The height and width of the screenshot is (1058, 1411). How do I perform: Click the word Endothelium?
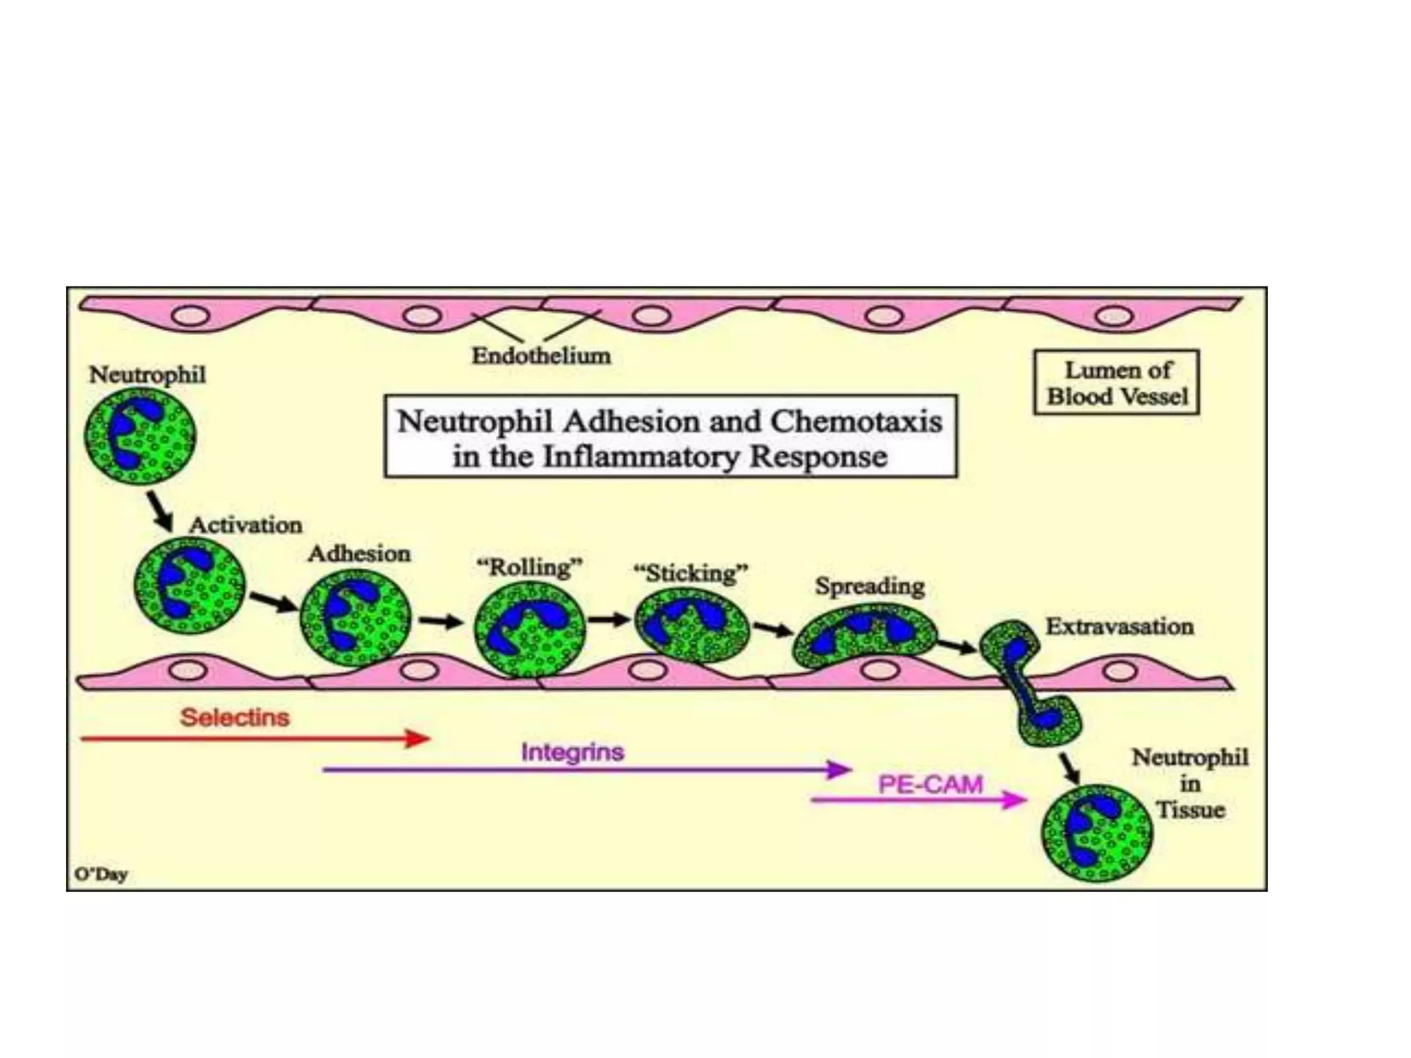click(541, 355)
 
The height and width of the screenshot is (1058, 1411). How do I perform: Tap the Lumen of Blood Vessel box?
click(1116, 382)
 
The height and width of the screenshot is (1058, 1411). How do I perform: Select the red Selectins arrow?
click(255, 739)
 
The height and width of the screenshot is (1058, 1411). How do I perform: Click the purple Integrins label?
click(572, 751)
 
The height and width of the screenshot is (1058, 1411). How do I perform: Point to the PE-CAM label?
click(930, 785)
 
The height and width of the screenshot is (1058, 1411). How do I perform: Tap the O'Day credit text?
click(101, 875)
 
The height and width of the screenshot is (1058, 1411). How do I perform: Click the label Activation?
click(245, 525)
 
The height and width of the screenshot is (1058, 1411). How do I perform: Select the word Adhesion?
click(359, 553)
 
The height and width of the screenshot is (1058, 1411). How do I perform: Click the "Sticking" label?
click(690, 572)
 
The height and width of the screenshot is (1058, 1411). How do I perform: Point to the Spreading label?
click(869, 586)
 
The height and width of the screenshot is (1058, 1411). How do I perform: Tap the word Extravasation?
click(1120, 626)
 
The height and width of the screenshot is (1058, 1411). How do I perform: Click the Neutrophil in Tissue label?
click(1190, 783)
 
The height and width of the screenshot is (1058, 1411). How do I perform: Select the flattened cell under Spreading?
click(865, 635)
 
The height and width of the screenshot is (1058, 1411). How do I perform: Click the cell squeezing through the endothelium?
click(1030, 682)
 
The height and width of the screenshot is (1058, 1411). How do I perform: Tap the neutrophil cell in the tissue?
click(1095, 833)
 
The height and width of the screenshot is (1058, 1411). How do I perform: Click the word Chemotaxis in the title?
click(856, 422)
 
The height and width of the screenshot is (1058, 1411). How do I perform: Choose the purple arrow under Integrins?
click(586, 769)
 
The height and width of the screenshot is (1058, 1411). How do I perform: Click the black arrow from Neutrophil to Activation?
click(161, 510)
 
